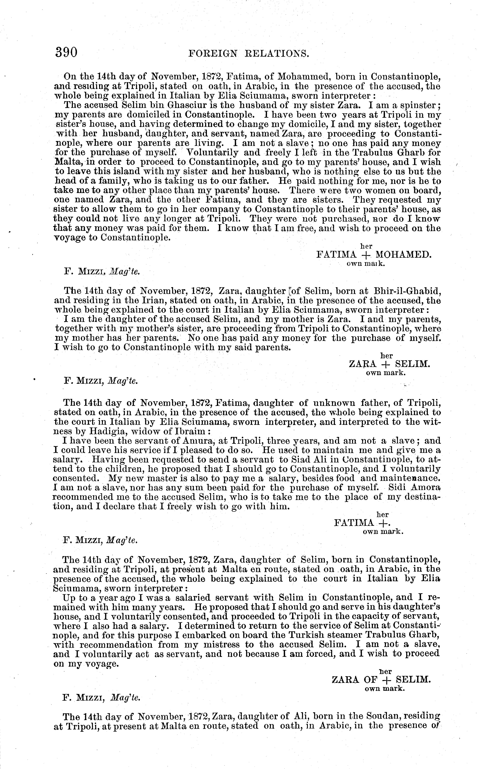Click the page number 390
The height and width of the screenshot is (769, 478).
tap(66, 52)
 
